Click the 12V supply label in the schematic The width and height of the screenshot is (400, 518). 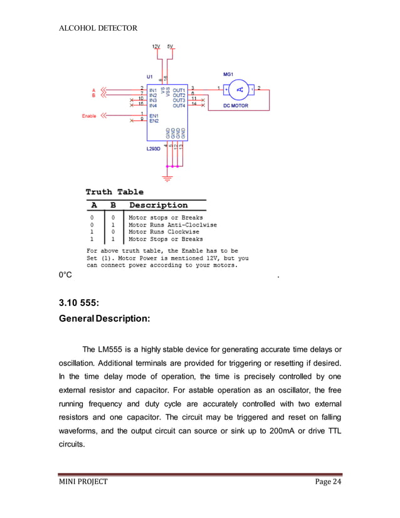click(x=156, y=46)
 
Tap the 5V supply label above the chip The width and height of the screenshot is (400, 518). click(x=171, y=46)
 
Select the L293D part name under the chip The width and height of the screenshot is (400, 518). click(x=154, y=149)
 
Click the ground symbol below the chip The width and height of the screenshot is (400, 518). click(x=167, y=179)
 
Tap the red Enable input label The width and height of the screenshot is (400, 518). click(x=89, y=116)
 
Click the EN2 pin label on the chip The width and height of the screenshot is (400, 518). click(x=154, y=120)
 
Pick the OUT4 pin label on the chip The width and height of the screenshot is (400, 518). click(x=179, y=105)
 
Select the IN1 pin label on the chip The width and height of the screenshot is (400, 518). click(x=154, y=90)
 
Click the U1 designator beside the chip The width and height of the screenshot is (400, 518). click(x=150, y=77)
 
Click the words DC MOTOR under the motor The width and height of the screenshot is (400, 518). click(x=236, y=106)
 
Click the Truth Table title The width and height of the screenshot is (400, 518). click(x=114, y=192)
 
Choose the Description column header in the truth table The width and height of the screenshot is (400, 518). click(x=158, y=205)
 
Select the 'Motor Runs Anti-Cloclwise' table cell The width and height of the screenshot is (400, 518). click(x=172, y=225)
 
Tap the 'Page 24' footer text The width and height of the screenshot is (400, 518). click(x=325, y=482)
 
